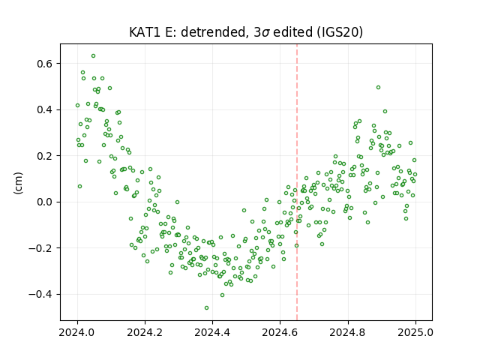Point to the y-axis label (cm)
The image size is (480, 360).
pyautogui.click(x=18, y=183)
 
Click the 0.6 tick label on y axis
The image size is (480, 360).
pyautogui.click(x=45, y=64)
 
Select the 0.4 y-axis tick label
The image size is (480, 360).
pyautogui.click(x=45, y=109)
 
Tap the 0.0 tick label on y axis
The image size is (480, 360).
pyautogui.click(x=45, y=202)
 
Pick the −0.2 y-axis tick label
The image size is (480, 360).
pyautogui.click(x=41, y=248)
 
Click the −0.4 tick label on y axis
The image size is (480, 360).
pyautogui.click(x=41, y=294)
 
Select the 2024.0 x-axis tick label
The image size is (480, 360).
pyautogui.click(x=76, y=332)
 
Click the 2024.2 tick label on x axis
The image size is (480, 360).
pyautogui.click(x=145, y=332)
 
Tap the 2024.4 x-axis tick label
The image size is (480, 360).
pyautogui.click(x=212, y=332)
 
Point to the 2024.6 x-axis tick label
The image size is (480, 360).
pyautogui.click(x=280, y=332)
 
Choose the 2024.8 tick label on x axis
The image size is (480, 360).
pyautogui.click(x=348, y=332)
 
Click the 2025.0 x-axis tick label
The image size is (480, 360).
pyautogui.click(x=415, y=332)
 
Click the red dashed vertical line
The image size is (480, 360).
pyautogui.click(x=297, y=182)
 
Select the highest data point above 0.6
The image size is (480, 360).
pyautogui.click(x=93, y=55)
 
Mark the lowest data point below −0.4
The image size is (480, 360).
pyautogui.click(x=207, y=307)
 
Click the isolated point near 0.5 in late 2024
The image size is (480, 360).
pyautogui.click(x=378, y=87)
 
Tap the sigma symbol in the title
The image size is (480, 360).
pyautogui.click(x=265, y=33)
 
